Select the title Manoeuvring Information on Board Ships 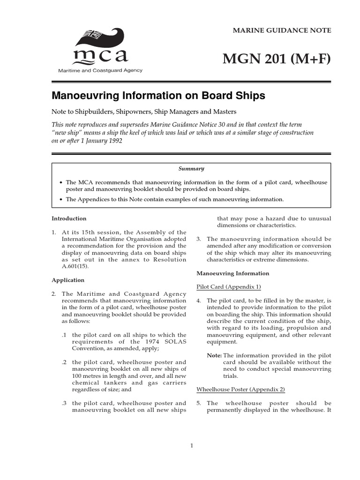click(x=158, y=96)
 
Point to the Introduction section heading click(x=69, y=218)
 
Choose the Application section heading click(x=68, y=280)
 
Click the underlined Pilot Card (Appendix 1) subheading click(x=229, y=287)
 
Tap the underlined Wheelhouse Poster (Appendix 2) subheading click(x=240, y=390)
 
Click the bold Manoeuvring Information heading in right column click(x=233, y=273)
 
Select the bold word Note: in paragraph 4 click(x=214, y=355)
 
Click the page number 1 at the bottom click(x=192, y=446)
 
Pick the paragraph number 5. click(x=199, y=403)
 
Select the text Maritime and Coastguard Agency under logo click(x=99, y=70)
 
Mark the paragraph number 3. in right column click(x=199, y=239)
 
